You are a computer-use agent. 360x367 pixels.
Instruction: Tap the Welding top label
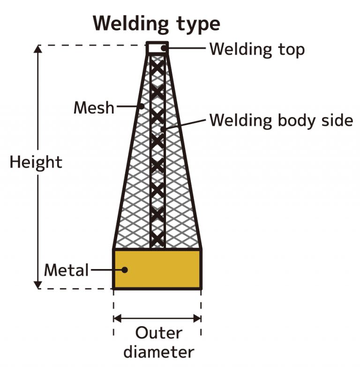tap(257, 49)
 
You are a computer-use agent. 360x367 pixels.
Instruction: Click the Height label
tap(36, 162)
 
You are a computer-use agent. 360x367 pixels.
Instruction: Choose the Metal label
tap(66, 270)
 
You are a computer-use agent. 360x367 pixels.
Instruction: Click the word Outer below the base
tap(158, 333)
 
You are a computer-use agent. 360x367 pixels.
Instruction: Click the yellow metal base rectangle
tap(157, 269)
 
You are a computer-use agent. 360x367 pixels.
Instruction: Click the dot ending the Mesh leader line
tap(142, 106)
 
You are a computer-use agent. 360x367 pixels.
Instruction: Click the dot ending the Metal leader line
tap(125, 270)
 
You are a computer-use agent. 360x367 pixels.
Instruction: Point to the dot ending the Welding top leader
tap(164, 48)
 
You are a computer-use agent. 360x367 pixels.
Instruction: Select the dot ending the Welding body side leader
tap(162, 128)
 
